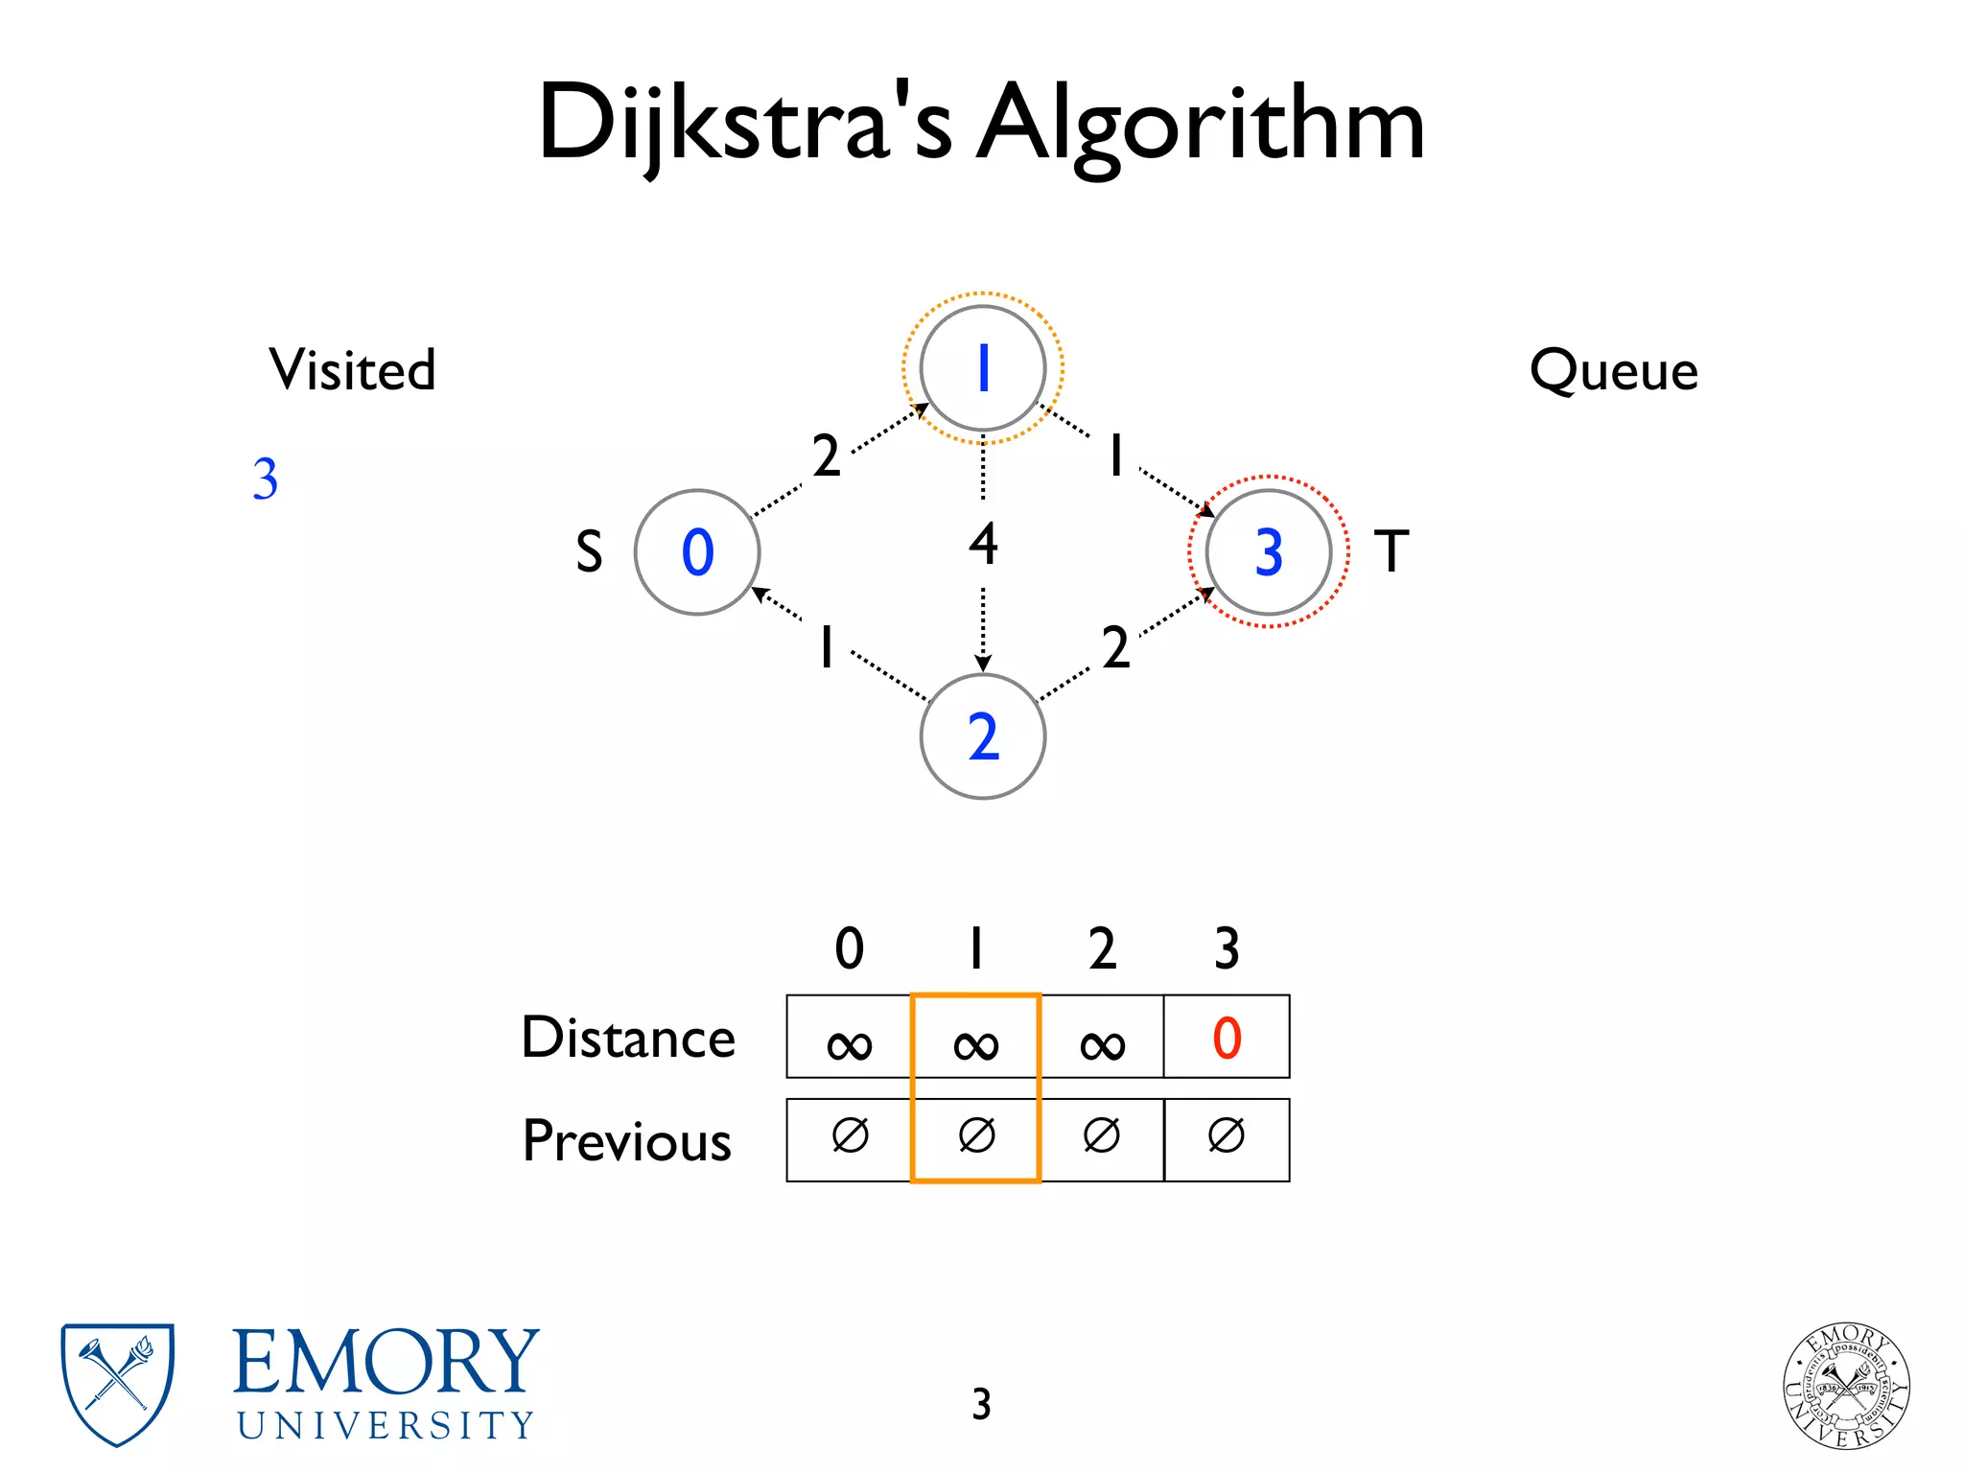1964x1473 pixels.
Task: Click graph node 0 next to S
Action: (697, 552)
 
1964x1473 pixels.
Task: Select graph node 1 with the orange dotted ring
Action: (982, 368)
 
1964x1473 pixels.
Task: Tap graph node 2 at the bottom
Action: (982, 736)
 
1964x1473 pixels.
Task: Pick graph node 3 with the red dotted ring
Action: (1268, 552)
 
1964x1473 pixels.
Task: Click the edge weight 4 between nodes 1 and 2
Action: (983, 544)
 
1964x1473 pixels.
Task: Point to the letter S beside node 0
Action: (589, 552)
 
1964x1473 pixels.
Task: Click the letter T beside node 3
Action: (1391, 551)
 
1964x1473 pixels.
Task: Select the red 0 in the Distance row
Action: (1227, 1038)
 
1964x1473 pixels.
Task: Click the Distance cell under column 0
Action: (849, 1038)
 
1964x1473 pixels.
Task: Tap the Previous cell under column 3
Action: (1227, 1138)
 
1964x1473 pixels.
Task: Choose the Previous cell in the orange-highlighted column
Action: (976, 1138)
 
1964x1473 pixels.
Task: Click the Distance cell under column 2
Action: (1102, 1038)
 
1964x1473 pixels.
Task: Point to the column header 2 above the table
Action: (1102, 948)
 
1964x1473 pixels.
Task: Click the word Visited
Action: (352, 370)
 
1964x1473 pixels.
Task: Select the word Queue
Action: (1613, 370)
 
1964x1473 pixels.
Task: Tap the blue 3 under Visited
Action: (266, 479)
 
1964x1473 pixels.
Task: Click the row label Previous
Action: (627, 1141)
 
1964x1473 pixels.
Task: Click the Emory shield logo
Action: (117, 1383)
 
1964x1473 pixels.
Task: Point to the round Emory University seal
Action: (1846, 1386)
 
